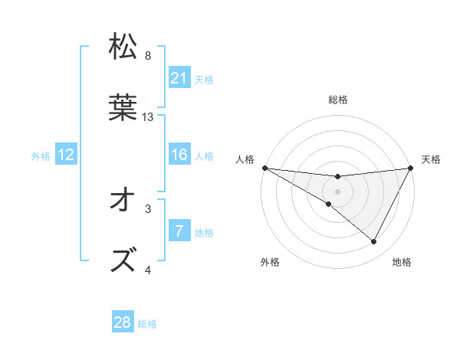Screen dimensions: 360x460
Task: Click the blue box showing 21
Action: point(179,77)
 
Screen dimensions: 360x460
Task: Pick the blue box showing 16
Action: point(179,155)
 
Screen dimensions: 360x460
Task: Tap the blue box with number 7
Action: point(179,231)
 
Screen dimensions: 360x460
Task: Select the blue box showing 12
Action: point(66,155)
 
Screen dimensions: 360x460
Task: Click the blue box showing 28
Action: point(123,322)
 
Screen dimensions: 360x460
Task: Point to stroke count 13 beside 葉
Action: point(148,117)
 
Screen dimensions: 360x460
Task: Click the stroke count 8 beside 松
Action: point(148,56)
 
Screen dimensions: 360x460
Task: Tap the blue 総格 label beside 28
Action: point(147,324)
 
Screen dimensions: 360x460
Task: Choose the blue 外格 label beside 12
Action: point(41,156)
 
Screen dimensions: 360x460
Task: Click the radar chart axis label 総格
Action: point(338,100)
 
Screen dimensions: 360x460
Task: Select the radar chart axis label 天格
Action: point(432,159)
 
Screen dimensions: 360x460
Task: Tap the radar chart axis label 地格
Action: point(402,262)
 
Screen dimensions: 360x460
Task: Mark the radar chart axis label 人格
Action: point(245,159)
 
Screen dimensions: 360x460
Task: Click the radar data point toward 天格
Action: point(412,168)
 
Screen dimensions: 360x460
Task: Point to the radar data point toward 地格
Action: point(374,242)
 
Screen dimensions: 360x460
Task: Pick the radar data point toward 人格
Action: point(264,168)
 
